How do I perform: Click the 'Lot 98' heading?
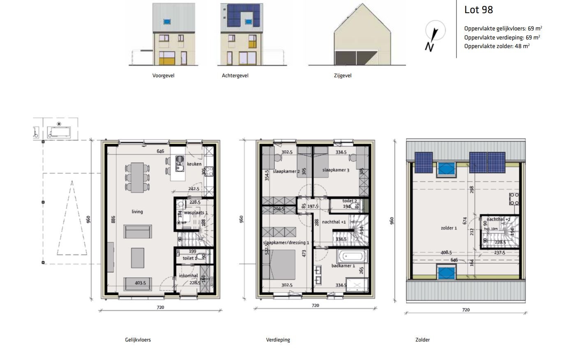point(478,10)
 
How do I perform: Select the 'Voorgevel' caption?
point(163,76)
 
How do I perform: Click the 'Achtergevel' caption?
point(235,76)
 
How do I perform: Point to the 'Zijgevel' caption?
point(343,76)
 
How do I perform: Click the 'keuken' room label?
point(194,164)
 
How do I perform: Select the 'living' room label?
point(137,212)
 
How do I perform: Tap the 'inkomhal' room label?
point(189,276)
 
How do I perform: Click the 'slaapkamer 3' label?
point(336,170)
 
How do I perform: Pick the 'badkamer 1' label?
point(343,266)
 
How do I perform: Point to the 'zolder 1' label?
point(449,228)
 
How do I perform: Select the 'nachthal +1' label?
point(334,222)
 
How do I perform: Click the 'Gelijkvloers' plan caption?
point(138,340)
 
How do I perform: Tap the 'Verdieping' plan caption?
point(278,340)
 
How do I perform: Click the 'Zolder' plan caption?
point(422,340)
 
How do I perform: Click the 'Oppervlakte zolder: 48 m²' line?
point(497,46)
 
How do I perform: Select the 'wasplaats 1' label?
point(196,213)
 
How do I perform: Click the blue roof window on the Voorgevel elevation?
point(167,21)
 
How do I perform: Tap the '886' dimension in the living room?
point(113,220)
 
